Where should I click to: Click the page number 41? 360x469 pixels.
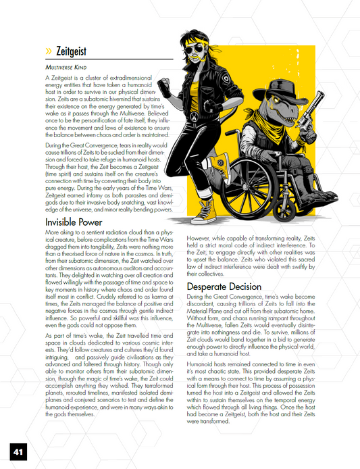pyautogui.click(x=18, y=450)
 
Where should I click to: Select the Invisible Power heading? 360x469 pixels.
pyautogui.click(x=74, y=222)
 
